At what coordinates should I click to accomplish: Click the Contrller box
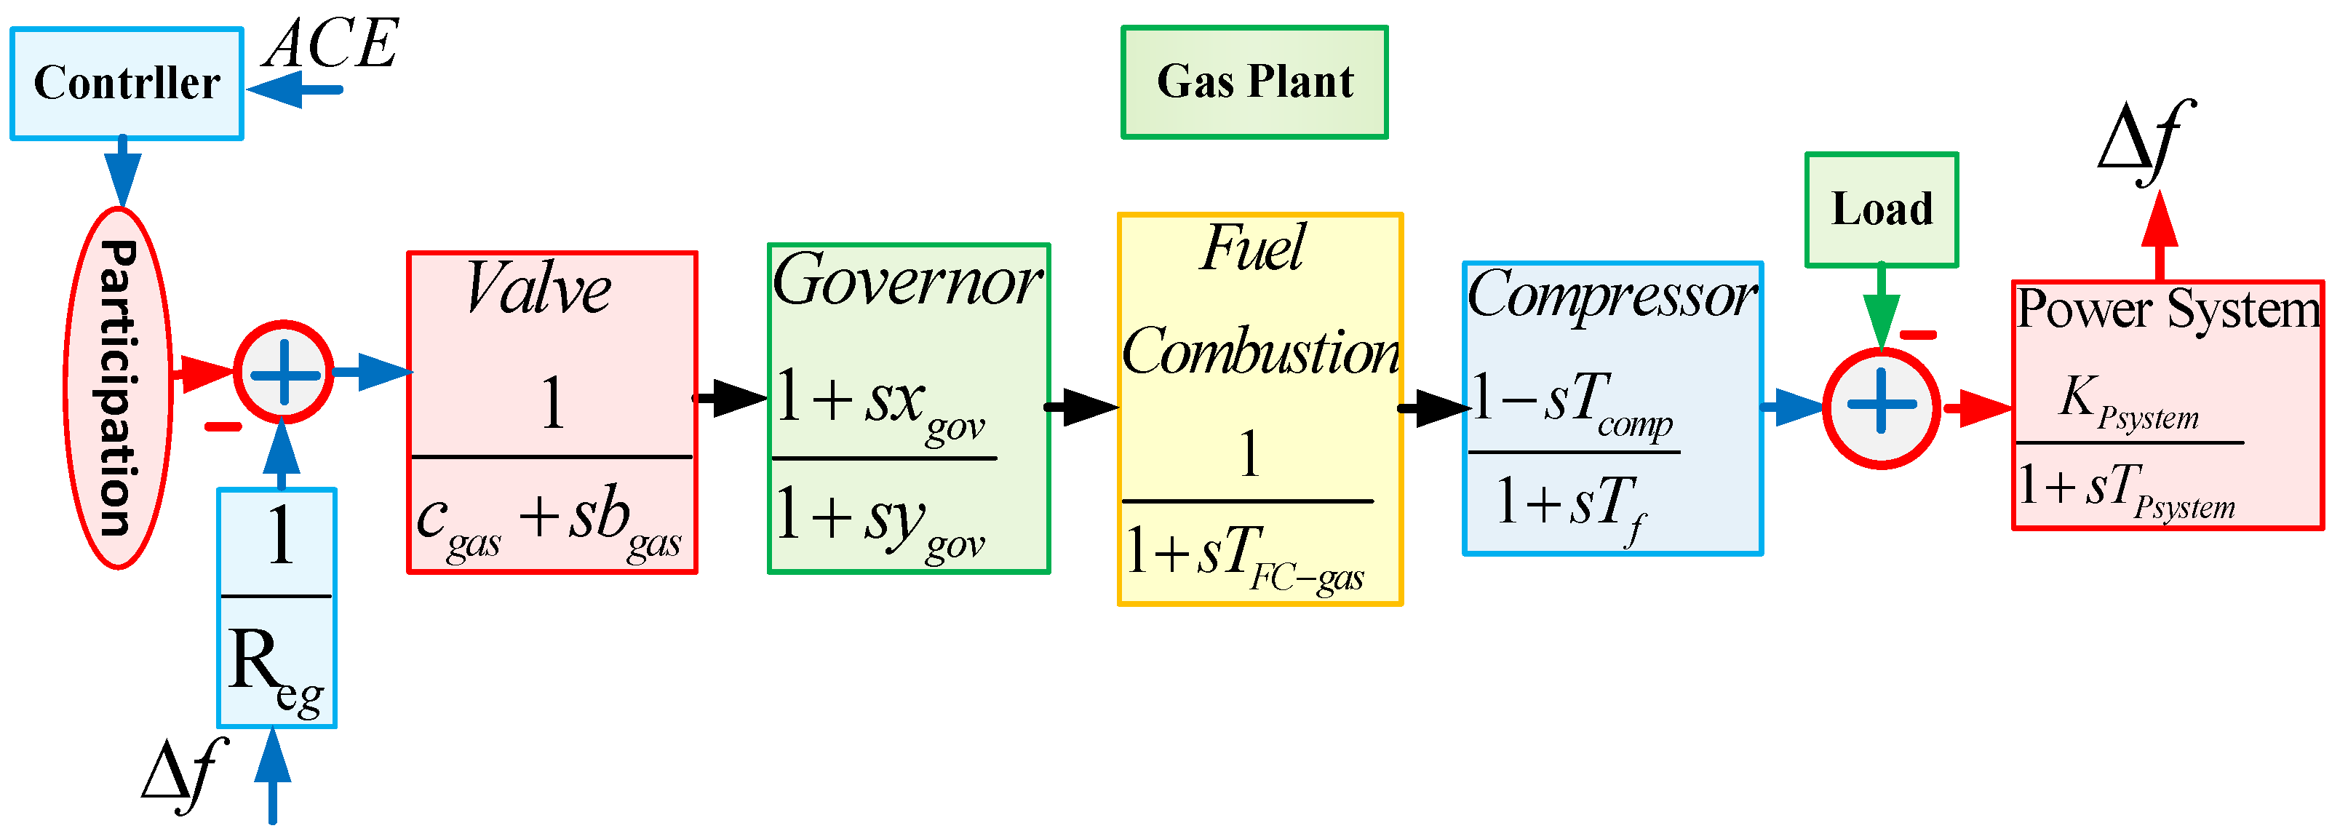(127, 84)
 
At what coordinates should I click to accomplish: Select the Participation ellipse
(118, 388)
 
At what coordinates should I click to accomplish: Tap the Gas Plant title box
(1254, 81)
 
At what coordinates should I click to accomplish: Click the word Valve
(538, 290)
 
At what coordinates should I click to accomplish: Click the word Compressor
(1612, 296)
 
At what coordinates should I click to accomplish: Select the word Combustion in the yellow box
(1261, 352)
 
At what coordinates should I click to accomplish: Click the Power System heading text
(2168, 311)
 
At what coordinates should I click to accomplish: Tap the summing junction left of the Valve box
(284, 373)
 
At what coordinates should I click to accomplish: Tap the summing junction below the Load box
(1882, 407)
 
